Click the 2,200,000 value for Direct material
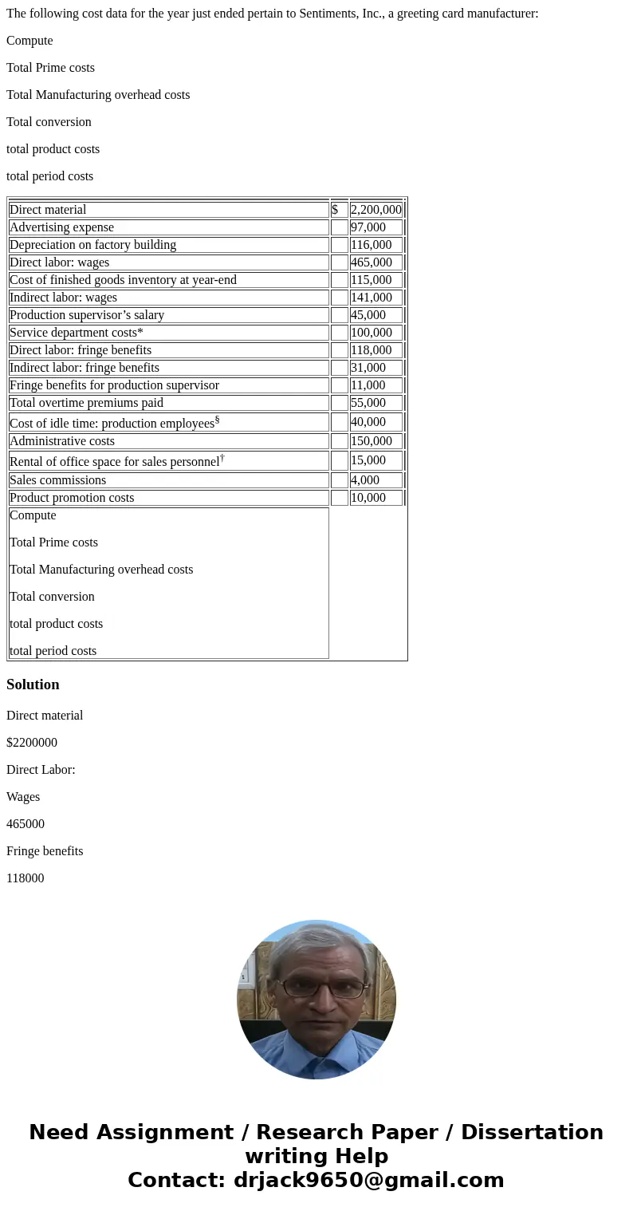pos(375,210)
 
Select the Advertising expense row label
pos(61,227)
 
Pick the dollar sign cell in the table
pos(335,210)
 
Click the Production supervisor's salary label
pos(87,315)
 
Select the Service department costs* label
pos(77,333)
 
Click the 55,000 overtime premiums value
pos(368,403)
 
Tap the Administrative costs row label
pos(62,441)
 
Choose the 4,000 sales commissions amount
pos(364,480)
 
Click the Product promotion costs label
pos(72,498)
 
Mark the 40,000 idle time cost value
pos(368,422)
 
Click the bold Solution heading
pos(33,684)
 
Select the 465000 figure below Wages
pos(26,824)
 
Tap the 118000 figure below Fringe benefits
pos(26,878)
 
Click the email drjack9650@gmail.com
pos(368,1181)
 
